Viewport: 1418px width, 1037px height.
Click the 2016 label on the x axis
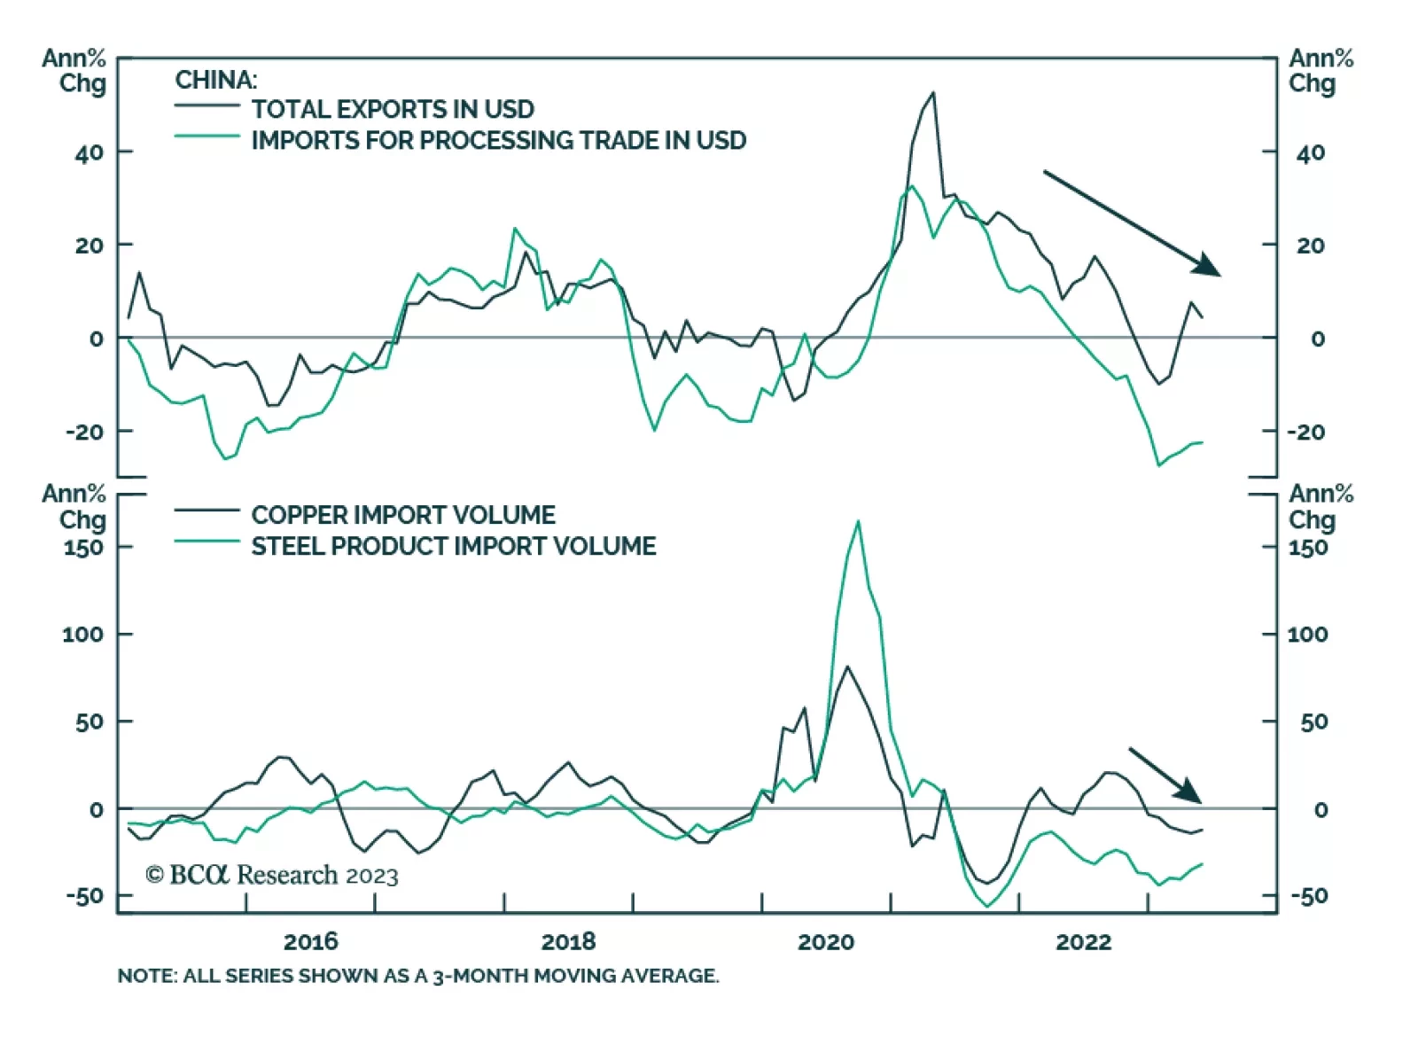click(x=311, y=940)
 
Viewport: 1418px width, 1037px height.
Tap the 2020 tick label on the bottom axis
click(x=826, y=940)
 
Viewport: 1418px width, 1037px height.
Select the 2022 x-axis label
click(x=1083, y=940)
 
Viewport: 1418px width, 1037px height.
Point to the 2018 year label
click(x=568, y=940)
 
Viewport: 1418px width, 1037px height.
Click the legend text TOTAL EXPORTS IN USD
click(x=393, y=109)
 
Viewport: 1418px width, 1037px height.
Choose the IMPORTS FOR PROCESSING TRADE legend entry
click(x=498, y=140)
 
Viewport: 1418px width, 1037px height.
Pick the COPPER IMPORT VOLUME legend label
click(x=403, y=514)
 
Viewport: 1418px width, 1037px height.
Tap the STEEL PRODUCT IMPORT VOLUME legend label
click(x=454, y=545)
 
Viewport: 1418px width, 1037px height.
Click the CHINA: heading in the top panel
click(x=215, y=80)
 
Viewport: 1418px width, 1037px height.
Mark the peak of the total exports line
click(x=932, y=93)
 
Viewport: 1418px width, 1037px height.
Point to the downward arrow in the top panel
click(x=1131, y=222)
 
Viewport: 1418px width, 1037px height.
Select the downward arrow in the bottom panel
click(x=1165, y=775)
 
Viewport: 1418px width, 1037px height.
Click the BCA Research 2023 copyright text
click(x=272, y=875)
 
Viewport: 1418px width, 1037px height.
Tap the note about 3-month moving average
click(x=418, y=976)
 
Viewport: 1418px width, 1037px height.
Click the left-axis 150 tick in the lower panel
click(x=83, y=547)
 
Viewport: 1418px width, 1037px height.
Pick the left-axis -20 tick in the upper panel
click(x=83, y=432)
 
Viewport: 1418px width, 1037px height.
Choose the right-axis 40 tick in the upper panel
click(x=1311, y=152)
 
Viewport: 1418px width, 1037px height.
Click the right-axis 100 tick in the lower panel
click(x=1307, y=634)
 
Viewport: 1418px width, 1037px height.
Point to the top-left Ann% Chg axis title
click(x=74, y=71)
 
